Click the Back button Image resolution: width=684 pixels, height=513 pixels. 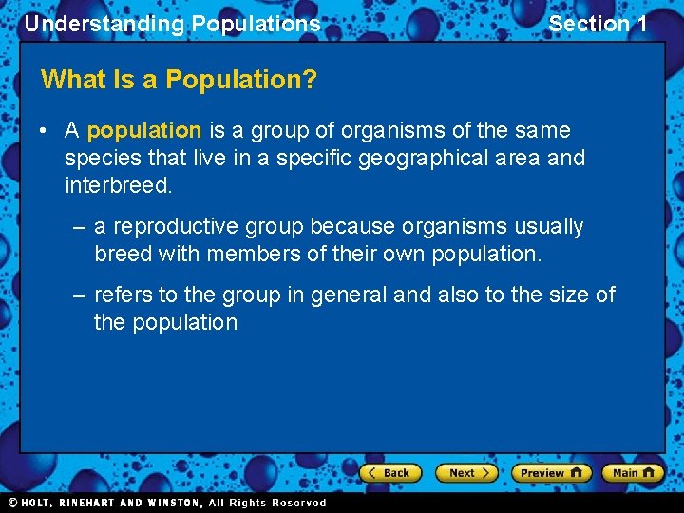[390, 472]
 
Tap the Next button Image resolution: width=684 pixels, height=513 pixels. [466, 472]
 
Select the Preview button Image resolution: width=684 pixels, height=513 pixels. [550, 472]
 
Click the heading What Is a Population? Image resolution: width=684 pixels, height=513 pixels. [179, 79]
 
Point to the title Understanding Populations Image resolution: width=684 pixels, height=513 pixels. [172, 24]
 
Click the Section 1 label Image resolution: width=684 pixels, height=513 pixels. [598, 24]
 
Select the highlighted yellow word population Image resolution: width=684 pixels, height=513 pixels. [144, 130]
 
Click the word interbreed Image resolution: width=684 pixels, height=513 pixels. [118, 184]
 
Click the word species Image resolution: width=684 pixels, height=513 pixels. [100, 158]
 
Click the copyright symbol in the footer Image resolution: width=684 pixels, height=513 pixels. [13, 503]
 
